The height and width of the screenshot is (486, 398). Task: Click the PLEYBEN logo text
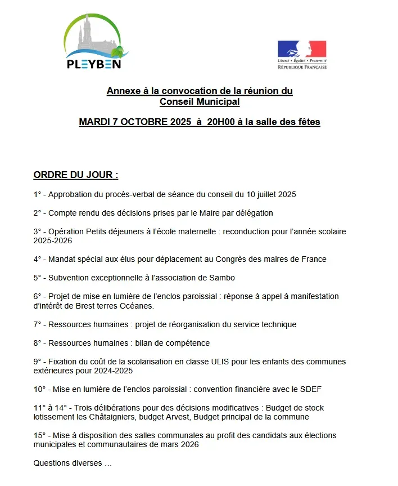94,63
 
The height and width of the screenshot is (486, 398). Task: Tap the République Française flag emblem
302,49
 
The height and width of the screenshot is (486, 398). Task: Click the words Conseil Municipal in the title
200,102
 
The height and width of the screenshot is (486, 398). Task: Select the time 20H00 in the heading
221,122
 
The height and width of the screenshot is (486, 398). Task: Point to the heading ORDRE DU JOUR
76,175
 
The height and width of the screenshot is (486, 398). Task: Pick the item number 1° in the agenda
38,194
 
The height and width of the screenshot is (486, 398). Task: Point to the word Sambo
222,278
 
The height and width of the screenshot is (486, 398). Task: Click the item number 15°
39,435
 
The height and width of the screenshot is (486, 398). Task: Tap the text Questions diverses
68,463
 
